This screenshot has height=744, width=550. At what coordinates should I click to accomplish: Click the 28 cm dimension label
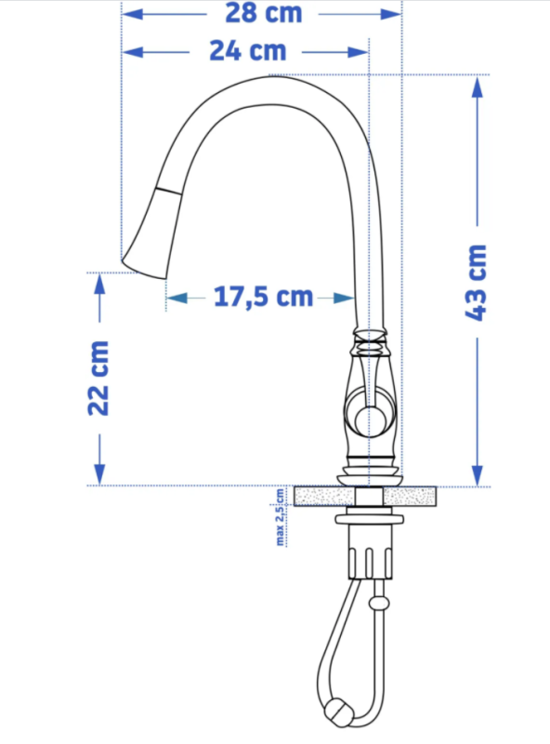[264, 13]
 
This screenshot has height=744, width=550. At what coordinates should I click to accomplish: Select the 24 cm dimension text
[248, 51]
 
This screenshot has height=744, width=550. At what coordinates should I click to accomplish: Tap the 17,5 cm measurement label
[263, 297]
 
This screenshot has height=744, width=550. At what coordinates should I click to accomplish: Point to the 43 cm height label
[476, 283]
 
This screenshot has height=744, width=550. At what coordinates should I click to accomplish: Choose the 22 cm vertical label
[98, 379]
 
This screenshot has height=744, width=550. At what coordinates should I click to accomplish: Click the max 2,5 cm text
[281, 517]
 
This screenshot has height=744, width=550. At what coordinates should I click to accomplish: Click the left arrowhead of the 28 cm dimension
[132, 14]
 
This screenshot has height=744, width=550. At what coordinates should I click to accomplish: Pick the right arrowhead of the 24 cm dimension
[359, 52]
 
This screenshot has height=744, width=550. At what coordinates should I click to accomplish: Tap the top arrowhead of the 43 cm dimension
[478, 86]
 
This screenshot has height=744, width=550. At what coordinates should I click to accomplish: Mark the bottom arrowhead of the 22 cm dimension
[99, 474]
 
